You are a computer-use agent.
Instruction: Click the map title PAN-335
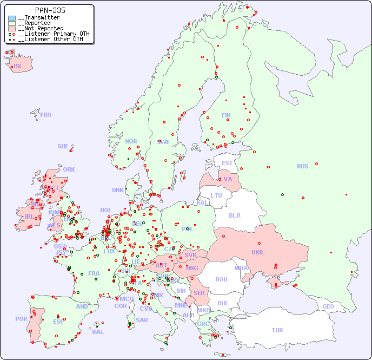(50, 10)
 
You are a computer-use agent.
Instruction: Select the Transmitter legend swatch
(12, 18)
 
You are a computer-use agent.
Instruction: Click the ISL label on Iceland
(18, 67)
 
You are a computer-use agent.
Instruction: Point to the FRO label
(46, 115)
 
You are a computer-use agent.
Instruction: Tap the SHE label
(63, 146)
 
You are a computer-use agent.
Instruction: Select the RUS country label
(302, 166)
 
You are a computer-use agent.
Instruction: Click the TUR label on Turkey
(277, 330)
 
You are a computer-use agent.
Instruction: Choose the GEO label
(328, 306)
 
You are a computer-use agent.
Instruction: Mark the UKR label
(257, 252)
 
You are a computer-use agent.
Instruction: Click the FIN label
(226, 115)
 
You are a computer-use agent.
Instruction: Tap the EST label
(227, 163)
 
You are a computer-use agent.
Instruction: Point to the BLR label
(235, 215)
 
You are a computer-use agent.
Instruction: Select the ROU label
(221, 279)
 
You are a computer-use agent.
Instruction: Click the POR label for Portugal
(21, 319)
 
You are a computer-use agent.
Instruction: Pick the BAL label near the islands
(98, 332)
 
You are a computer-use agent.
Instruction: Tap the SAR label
(142, 319)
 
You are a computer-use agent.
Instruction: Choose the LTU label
(216, 195)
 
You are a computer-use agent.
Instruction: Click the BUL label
(223, 303)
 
